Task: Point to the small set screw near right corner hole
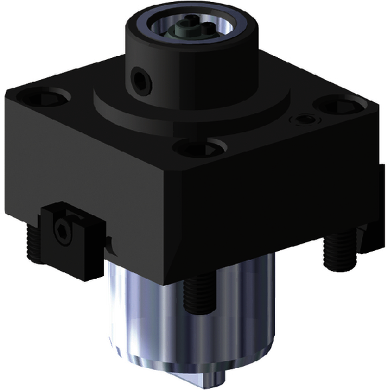[x=305, y=120]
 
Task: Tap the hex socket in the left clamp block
[x=62, y=230]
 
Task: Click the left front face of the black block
[x=87, y=173]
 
